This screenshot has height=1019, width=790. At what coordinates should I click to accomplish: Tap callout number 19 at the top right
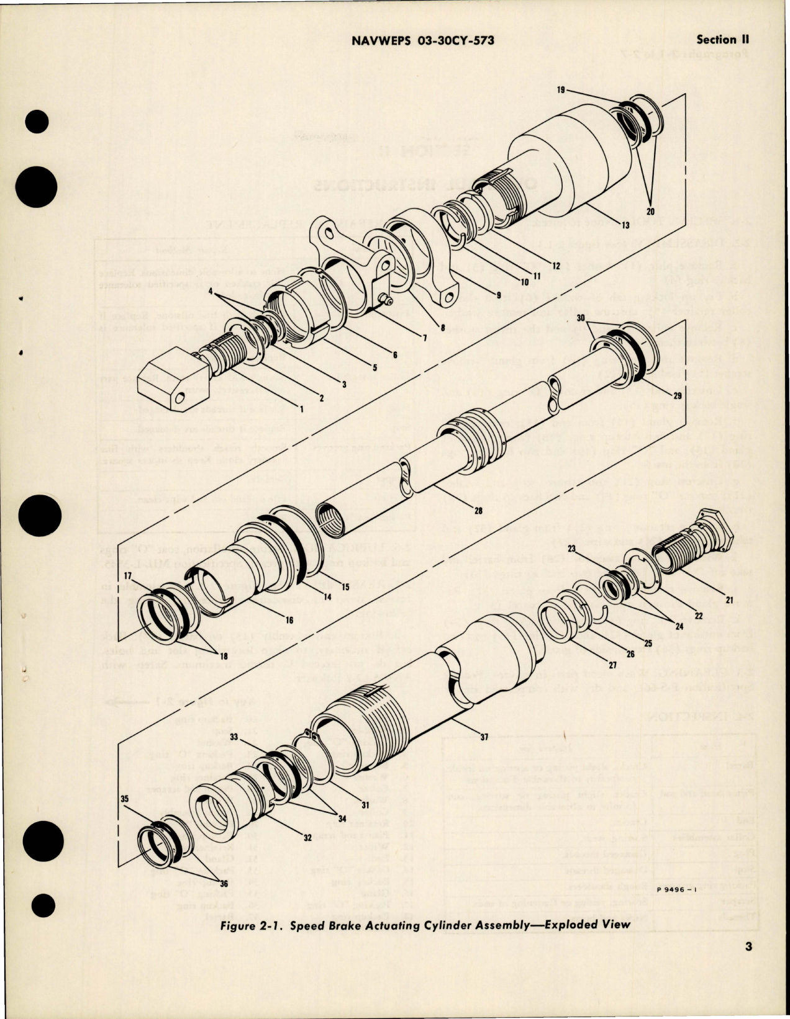coord(560,90)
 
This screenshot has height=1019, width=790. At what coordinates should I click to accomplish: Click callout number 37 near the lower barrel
coord(483,737)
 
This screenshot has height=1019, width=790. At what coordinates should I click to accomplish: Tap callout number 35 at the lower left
coord(124,800)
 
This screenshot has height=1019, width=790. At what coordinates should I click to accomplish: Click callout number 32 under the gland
coord(307,837)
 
